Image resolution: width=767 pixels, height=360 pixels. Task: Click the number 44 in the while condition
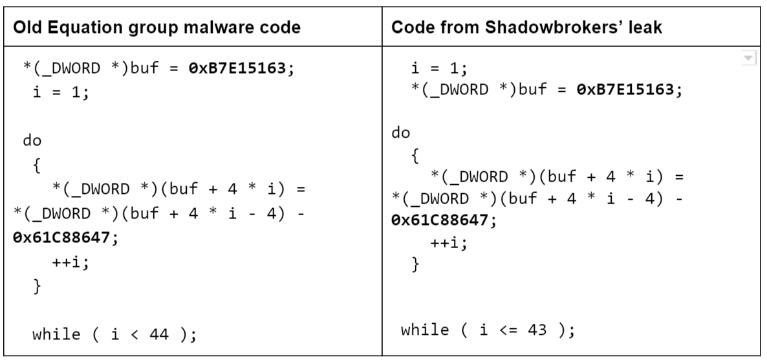click(158, 334)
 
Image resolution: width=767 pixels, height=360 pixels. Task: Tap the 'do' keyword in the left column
click(32, 140)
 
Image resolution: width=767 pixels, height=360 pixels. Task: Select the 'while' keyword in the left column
click(56, 334)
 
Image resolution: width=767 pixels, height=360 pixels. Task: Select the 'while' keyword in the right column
click(424, 330)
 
